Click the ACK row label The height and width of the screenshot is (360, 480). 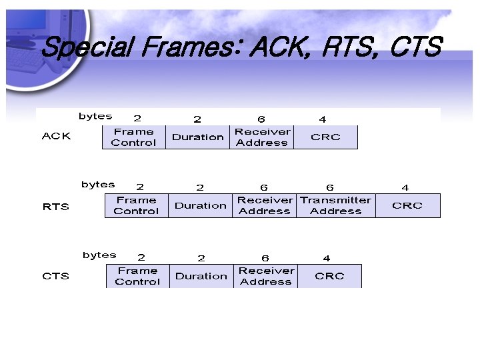(56, 136)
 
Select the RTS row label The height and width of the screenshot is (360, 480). (56, 207)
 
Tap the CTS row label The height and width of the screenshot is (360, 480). (56, 276)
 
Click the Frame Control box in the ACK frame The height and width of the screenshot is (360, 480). (133, 137)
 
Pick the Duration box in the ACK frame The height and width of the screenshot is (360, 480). (197, 137)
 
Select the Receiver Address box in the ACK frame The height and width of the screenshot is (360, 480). (262, 137)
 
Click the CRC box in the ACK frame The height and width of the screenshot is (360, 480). (325, 137)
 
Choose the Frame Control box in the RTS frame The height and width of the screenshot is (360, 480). (136, 205)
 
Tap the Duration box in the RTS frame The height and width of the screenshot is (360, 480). (201, 205)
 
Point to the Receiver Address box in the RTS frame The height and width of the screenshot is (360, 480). (265, 205)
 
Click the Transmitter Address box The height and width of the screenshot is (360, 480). (335, 205)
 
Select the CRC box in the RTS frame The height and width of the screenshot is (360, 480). (407, 205)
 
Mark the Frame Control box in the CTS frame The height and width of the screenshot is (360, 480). (137, 276)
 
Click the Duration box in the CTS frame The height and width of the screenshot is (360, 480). (201, 276)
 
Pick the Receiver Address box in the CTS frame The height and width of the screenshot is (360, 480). (266, 276)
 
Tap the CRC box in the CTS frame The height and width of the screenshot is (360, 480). (329, 276)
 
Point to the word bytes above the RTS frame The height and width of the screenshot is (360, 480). (98, 185)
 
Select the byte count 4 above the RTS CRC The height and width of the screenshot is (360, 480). (405, 188)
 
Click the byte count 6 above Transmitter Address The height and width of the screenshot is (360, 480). (329, 188)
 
